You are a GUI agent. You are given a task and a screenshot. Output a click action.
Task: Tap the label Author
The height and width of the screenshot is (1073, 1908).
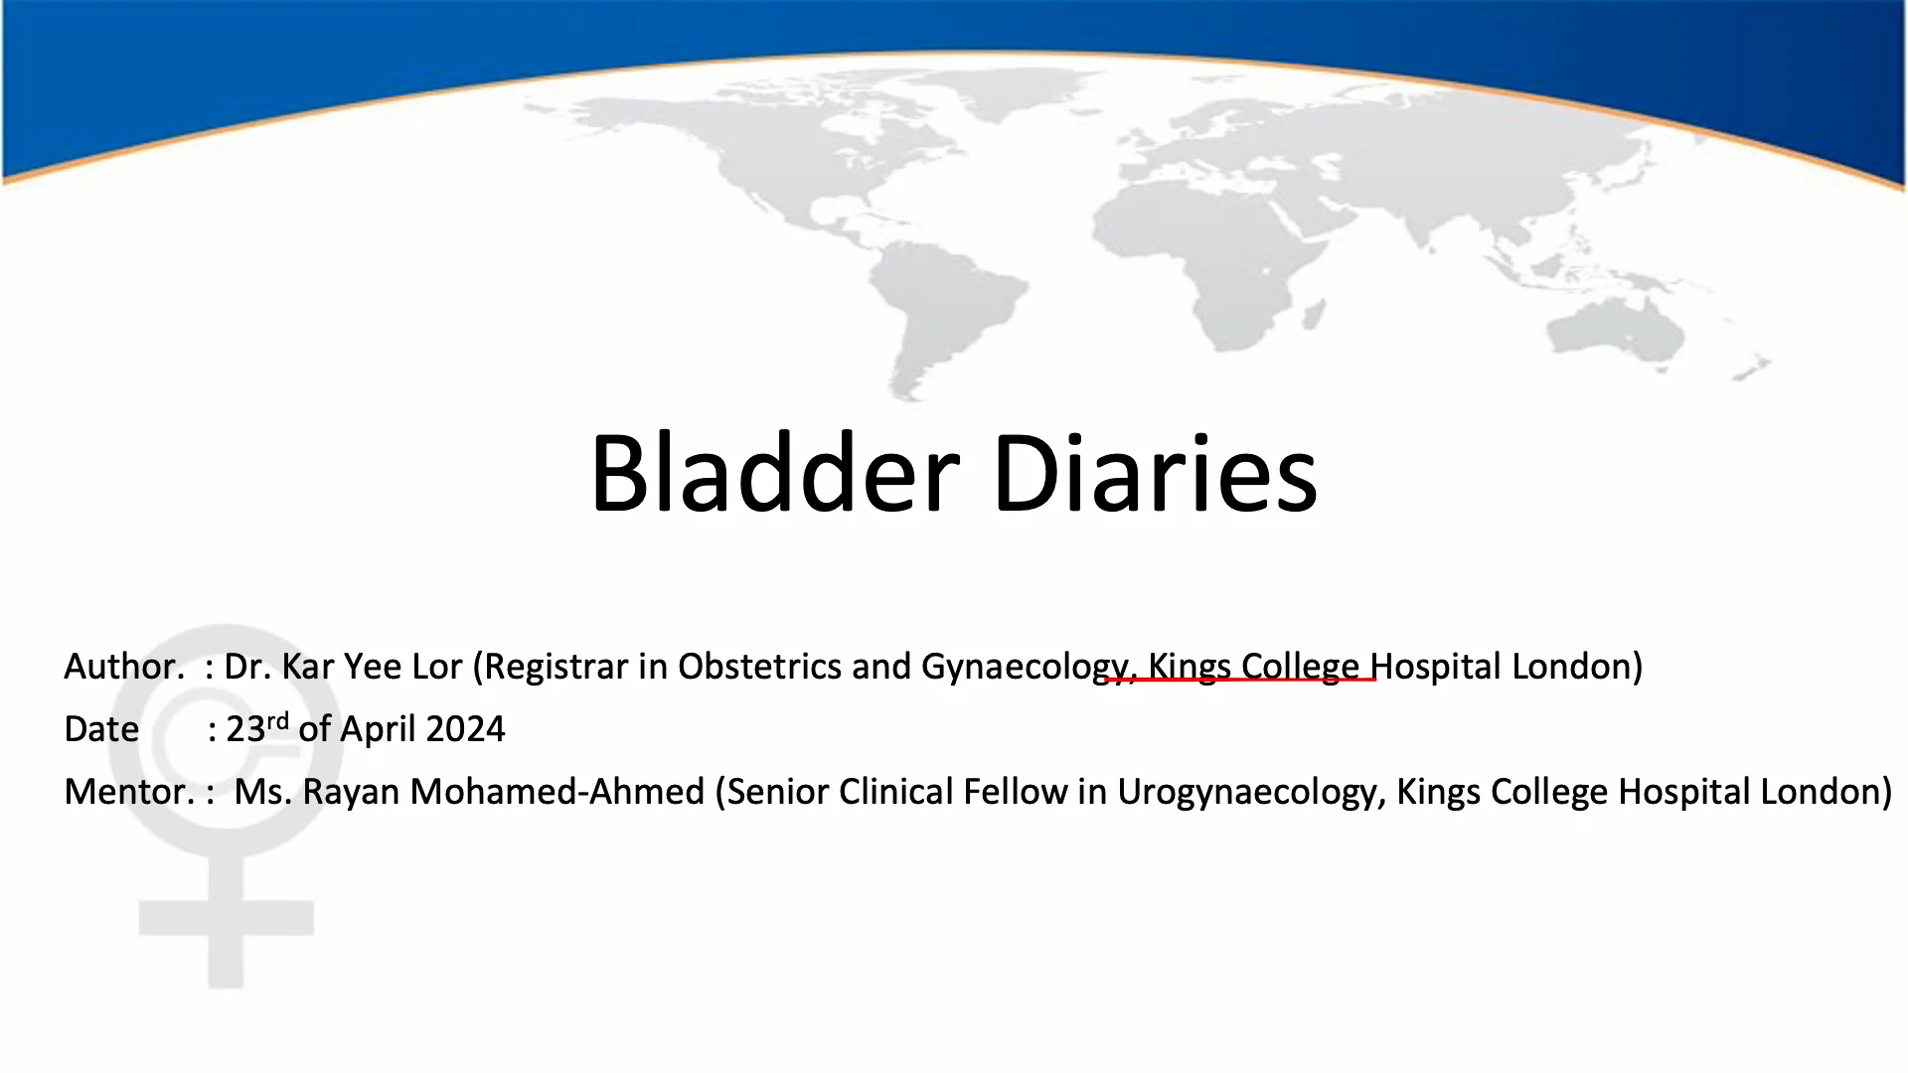point(124,666)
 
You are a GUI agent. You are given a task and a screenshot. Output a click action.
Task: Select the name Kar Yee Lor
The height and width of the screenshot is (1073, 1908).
point(372,666)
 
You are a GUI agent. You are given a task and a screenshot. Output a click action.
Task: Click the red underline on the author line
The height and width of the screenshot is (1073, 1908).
point(1240,680)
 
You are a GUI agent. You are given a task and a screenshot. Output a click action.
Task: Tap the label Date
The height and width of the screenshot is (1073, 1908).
point(101,729)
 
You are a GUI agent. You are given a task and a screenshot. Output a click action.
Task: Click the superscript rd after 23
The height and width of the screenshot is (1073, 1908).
point(277,720)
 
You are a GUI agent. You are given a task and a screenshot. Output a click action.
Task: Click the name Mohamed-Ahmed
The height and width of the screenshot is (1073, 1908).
point(557,792)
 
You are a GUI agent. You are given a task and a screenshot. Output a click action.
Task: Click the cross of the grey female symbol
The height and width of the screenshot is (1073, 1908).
point(227,919)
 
